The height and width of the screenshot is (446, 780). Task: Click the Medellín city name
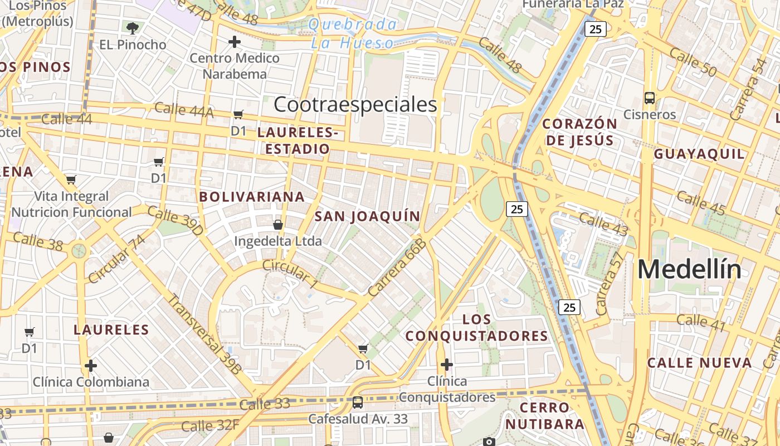(689, 270)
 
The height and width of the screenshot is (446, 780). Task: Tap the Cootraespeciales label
(355, 104)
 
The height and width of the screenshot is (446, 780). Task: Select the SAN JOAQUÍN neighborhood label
(367, 216)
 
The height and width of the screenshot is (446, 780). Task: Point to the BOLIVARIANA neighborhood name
(252, 197)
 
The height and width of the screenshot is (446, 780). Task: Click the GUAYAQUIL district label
(699, 154)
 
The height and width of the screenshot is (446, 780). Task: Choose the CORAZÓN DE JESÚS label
(579, 132)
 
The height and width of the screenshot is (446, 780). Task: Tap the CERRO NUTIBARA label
(545, 416)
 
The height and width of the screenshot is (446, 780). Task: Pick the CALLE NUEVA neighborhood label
(699, 363)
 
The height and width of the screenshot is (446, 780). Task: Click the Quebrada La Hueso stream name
(353, 33)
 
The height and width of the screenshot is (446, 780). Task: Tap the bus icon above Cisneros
(650, 98)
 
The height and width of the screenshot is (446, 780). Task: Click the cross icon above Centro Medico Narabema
(235, 42)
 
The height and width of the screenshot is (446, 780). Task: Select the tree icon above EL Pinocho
(133, 28)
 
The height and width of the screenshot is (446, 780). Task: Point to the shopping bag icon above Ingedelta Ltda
(277, 225)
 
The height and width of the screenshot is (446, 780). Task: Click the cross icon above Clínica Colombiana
(91, 366)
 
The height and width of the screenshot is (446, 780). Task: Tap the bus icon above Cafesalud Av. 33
(358, 402)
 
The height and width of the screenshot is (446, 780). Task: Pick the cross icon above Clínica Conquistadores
(446, 365)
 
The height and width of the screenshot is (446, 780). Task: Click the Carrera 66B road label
(397, 267)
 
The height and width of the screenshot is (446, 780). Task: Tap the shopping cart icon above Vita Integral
(71, 180)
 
